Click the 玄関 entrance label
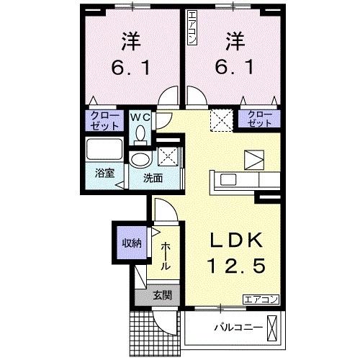162,294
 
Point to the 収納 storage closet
130,243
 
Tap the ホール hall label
165,256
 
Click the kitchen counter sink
225,179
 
